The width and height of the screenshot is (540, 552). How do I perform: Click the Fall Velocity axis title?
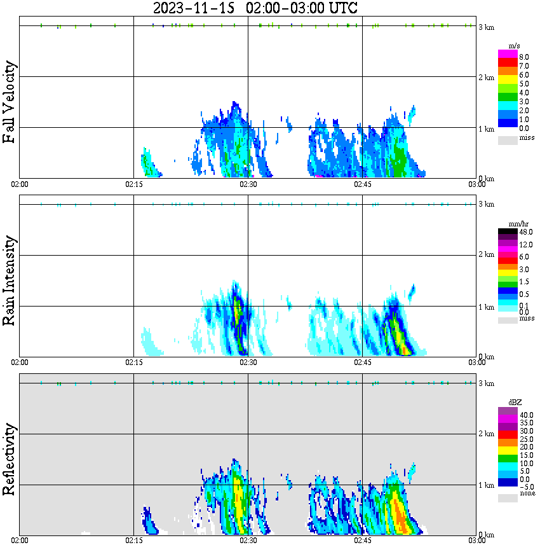click(10, 102)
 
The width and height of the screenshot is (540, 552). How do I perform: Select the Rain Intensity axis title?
click(10, 280)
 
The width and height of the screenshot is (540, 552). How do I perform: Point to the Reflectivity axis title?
click(10, 460)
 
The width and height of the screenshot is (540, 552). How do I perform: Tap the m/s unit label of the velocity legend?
click(514, 45)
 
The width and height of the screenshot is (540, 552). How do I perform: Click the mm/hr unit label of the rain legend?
click(514, 224)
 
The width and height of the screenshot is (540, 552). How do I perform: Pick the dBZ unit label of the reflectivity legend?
click(514, 402)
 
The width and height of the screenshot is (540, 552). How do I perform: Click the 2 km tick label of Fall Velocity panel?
click(486, 78)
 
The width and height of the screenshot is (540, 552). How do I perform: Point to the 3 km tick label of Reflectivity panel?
click(486, 383)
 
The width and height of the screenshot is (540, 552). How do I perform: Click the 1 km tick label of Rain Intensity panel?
click(486, 307)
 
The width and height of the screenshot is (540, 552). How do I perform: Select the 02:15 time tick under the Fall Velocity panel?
click(133, 184)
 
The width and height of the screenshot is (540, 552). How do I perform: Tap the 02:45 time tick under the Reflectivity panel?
click(362, 541)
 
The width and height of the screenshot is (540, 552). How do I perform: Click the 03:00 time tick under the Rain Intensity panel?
click(476, 362)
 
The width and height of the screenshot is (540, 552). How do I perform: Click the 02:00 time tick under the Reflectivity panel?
click(19, 541)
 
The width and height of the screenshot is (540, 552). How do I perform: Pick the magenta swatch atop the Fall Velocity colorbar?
click(508, 54)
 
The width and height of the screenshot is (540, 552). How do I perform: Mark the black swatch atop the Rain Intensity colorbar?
click(508, 232)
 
